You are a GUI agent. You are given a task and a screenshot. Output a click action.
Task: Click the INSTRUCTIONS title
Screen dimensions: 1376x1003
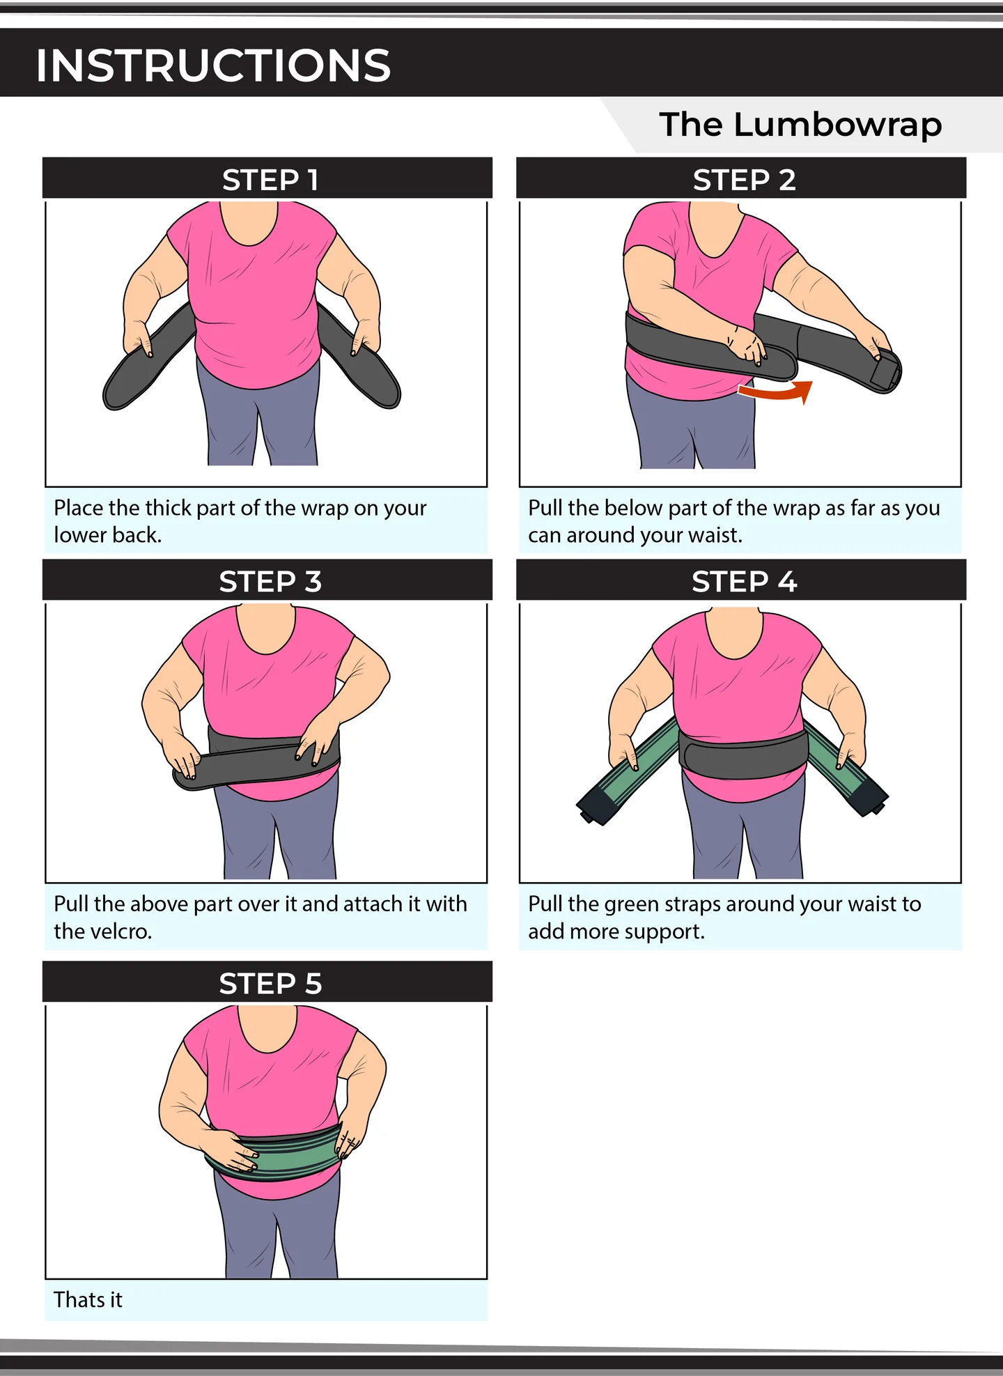pos(213,65)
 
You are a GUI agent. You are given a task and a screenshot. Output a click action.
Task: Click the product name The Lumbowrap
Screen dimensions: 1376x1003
pos(800,125)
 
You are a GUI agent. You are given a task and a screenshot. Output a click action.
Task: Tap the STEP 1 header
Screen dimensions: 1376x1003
pos(270,180)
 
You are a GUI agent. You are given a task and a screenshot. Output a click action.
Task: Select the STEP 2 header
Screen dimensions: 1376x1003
pos(743,180)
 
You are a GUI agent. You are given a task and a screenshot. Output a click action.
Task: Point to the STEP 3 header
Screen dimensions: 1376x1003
pos(270,581)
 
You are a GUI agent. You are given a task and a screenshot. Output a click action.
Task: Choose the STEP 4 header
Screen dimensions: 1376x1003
pos(743,581)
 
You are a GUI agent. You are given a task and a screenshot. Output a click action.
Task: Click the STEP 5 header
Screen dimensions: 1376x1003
pos(270,983)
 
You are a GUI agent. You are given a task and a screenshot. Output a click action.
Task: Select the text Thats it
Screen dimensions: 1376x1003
pos(88,1300)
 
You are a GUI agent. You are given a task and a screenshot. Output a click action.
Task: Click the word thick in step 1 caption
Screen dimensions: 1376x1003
pos(168,509)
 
